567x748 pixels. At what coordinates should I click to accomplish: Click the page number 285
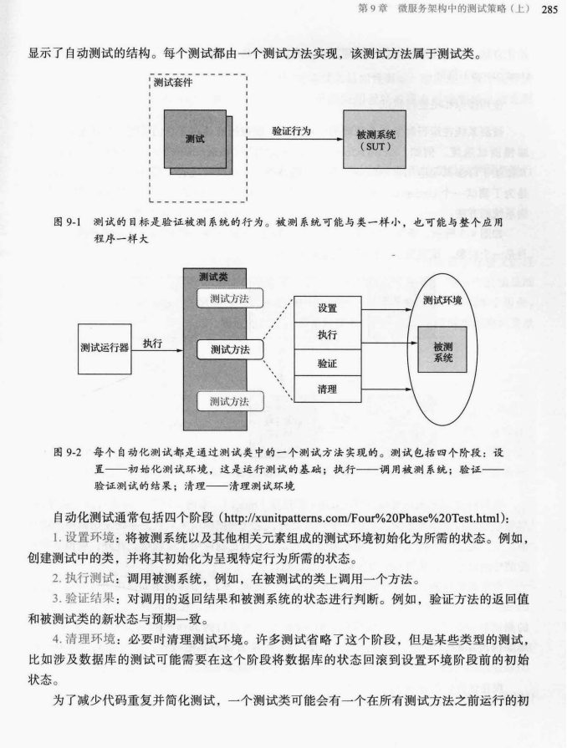(x=549, y=10)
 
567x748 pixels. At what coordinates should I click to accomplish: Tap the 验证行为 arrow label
(x=292, y=131)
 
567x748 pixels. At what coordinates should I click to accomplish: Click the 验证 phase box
(x=328, y=364)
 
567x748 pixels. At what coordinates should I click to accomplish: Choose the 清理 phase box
(x=328, y=391)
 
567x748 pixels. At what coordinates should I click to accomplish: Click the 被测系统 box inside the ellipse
(x=443, y=351)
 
